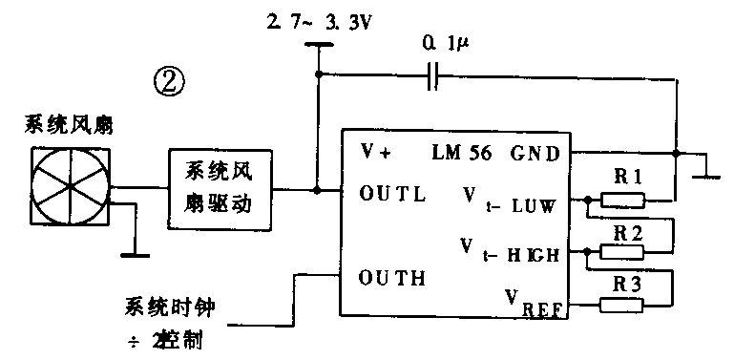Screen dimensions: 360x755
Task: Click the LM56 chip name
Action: click(463, 152)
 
